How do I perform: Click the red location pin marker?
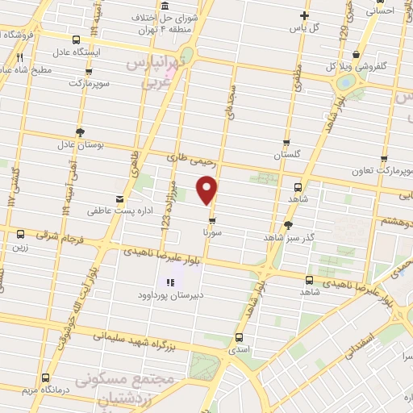[x=207, y=189]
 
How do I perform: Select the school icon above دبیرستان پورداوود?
[x=170, y=282]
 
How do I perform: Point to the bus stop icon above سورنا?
[x=212, y=219]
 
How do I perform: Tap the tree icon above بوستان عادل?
[x=79, y=131]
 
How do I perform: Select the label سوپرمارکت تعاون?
[x=382, y=172]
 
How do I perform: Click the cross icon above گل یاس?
[x=304, y=15]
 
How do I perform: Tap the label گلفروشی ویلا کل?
[x=353, y=66]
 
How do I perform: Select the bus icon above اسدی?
[x=238, y=338]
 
